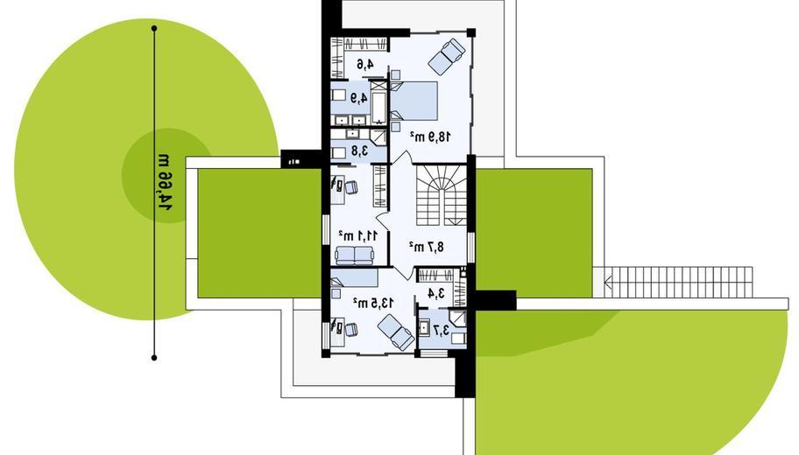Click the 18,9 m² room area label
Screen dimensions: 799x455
(430, 136)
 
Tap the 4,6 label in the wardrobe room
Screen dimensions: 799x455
(364, 65)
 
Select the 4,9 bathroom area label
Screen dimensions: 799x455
(358, 98)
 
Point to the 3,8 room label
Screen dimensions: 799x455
(359, 151)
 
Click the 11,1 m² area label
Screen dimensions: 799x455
(358, 236)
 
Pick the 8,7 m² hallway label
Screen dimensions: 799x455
(426, 247)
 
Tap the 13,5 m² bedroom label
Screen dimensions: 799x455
(373, 304)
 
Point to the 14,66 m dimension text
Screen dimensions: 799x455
(165, 180)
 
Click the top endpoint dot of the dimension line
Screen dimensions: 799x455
(154, 29)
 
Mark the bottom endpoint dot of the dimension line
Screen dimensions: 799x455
(154, 358)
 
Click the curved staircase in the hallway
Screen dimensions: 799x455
(442, 194)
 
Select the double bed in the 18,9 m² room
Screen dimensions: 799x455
(414, 101)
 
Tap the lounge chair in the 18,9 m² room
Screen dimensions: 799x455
(447, 56)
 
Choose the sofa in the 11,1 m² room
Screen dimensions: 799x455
(354, 255)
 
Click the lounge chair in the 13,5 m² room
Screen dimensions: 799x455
(396, 332)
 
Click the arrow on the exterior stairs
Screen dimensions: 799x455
(609, 282)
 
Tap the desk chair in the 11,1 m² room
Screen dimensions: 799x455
(351, 187)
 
